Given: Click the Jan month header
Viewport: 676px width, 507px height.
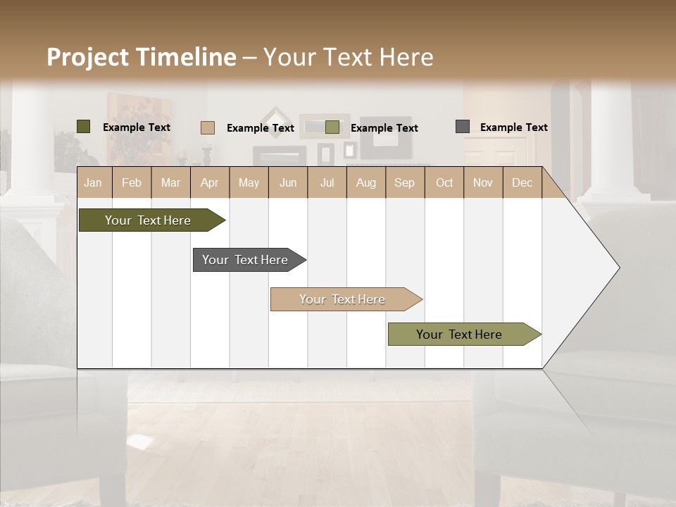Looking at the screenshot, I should point(93,182).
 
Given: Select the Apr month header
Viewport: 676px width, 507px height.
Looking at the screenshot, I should point(209,182).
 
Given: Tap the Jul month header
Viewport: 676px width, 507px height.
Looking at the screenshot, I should point(327,182).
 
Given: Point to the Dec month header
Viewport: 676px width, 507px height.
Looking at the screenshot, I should point(522,182).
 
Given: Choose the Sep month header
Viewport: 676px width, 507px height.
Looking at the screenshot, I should point(404,182).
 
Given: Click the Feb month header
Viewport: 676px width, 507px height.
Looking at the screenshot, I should point(132,182).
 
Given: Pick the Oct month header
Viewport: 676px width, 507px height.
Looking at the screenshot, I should point(444,182).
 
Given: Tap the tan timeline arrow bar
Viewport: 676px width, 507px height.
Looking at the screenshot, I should point(343,299).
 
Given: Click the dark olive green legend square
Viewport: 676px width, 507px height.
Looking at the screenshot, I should point(84,127).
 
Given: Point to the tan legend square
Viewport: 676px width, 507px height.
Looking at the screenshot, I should point(208,127).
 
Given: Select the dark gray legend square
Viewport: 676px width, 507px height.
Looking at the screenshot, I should point(463,127).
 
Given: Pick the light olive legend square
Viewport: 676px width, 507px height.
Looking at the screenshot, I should point(332,127).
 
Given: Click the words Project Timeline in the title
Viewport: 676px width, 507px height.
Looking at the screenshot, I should point(141,57).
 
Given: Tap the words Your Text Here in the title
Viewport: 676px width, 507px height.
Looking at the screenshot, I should point(348,57).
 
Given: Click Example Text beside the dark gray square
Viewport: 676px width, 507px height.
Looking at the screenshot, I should point(513,127).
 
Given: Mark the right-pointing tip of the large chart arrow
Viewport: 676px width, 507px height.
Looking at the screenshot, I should point(618,268).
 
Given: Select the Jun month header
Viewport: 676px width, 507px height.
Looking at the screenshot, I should point(288,182).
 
